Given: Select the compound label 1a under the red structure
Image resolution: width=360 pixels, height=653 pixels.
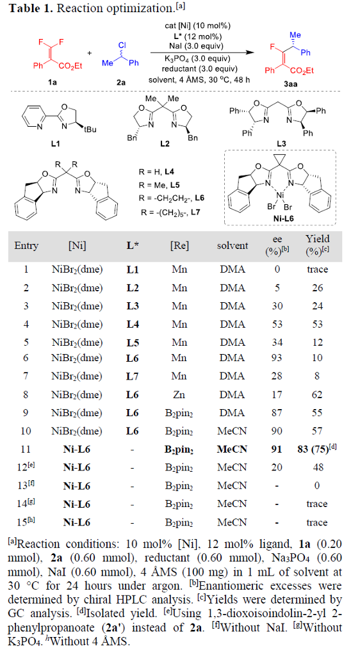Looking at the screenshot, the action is (52, 83).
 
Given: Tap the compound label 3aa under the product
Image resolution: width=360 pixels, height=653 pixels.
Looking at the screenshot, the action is (290, 84).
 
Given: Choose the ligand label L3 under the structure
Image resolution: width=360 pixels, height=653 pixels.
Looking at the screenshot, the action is (281, 143).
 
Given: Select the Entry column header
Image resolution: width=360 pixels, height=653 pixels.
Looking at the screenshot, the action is (26, 245).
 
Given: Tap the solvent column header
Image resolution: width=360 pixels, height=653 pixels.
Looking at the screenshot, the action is (233, 246).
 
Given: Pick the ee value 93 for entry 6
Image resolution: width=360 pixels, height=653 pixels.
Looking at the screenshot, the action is (277, 358).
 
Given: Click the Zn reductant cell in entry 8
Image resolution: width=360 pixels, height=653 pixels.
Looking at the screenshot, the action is (179, 395).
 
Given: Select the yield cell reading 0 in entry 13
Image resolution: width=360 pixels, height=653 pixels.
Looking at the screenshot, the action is (317, 485).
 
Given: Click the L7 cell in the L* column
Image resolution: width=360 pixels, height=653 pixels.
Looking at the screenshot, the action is (133, 376).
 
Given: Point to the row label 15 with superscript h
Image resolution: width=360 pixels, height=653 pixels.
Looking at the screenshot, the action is (26, 522).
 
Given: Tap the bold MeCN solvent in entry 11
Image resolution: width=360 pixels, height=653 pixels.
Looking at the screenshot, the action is (233, 449).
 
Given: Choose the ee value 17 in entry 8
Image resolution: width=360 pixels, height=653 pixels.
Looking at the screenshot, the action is (277, 395).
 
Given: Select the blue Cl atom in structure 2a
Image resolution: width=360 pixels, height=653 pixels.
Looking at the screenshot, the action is (122, 45).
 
